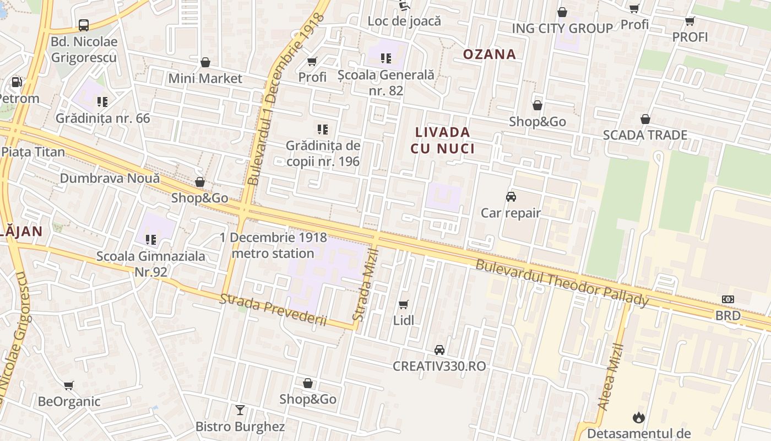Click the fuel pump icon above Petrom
click(x=17, y=82)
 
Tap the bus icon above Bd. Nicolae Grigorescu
click(x=84, y=25)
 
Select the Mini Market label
click(x=205, y=78)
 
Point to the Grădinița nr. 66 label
click(x=102, y=118)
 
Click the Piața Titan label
click(x=33, y=152)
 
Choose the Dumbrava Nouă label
click(x=110, y=178)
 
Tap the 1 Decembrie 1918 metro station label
click(x=273, y=245)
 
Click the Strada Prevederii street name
click(x=273, y=310)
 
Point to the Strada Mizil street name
click(x=366, y=285)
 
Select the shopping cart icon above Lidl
click(x=404, y=304)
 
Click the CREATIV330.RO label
click(x=439, y=366)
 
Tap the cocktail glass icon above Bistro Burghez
click(x=240, y=410)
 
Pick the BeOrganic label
click(x=69, y=401)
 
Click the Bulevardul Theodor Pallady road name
click(x=562, y=283)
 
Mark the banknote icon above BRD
click(x=728, y=299)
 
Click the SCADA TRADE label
click(x=645, y=135)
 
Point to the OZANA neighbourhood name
click(x=490, y=54)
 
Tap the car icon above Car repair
click(x=511, y=197)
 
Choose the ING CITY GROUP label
click(x=562, y=28)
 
